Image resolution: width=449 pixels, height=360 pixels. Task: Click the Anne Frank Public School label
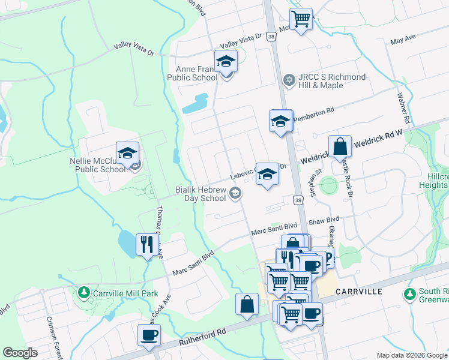pyautogui.click(x=196, y=74)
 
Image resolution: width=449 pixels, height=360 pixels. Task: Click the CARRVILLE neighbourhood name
pyautogui.click(x=360, y=292)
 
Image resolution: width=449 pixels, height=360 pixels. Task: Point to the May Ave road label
pyautogui.click(x=403, y=40)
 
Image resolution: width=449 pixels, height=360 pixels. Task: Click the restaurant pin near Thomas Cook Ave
pyautogui.click(x=147, y=244)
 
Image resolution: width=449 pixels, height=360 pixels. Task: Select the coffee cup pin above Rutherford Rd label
pyautogui.click(x=149, y=335)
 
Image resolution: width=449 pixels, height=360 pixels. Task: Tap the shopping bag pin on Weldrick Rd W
pyautogui.click(x=340, y=146)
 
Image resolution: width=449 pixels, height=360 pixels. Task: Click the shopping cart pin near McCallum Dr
pyautogui.click(x=300, y=18)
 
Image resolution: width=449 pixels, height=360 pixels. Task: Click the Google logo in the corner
pyautogui.click(x=20, y=353)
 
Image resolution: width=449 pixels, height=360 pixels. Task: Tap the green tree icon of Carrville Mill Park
pyautogui.click(x=83, y=293)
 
